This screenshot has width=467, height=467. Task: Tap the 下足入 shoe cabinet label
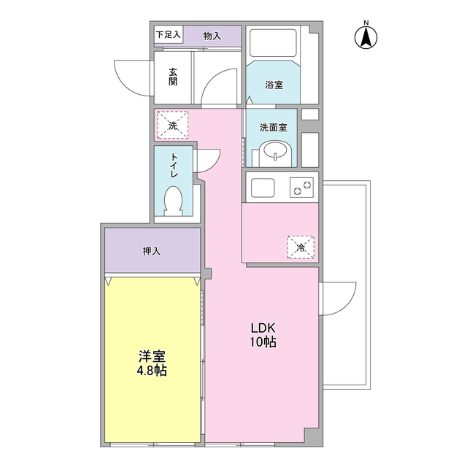(x=169, y=34)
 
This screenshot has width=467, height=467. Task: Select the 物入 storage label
(x=212, y=36)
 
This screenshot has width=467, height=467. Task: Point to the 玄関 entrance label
(x=173, y=77)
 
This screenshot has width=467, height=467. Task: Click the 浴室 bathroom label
(x=274, y=85)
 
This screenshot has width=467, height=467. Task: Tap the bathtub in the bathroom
(x=273, y=43)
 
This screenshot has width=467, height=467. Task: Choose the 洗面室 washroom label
(x=273, y=128)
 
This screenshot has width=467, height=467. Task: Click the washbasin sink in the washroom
(x=275, y=153)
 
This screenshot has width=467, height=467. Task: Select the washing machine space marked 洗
(x=172, y=125)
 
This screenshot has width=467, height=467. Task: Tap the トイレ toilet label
(x=174, y=166)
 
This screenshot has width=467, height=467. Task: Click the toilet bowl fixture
(x=173, y=201)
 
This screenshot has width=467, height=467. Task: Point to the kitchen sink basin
(x=263, y=188)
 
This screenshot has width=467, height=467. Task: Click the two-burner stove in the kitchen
(x=301, y=188)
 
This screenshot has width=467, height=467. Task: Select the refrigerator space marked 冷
(x=301, y=247)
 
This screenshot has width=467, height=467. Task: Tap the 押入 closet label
(x=152, y=251)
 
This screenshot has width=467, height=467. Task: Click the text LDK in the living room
(x=263, y=328)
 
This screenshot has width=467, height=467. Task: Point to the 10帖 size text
(x=263, y=342)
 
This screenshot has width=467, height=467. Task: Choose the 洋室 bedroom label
(x=152, y=356)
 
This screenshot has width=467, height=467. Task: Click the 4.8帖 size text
(x=152, y=371)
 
